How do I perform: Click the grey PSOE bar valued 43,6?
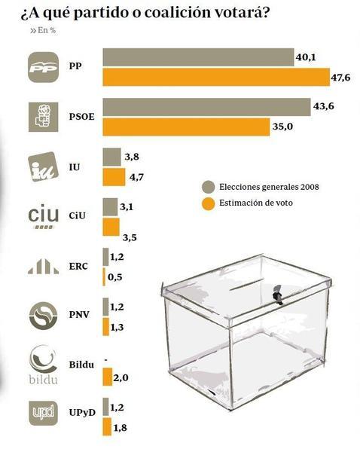click(206, 107)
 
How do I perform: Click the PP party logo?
click(47, 67)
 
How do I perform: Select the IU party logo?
click(43, 166)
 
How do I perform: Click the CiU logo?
click(43, 215)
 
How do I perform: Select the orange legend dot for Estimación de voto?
click(208, 203)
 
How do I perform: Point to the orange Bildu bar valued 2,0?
click(107, 377)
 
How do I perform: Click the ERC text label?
click(78, 267)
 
